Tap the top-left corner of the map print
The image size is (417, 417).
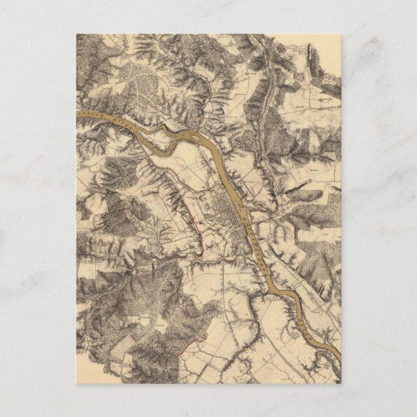click(x=76, y=34)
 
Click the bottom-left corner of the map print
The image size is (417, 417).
click(x=76, y=383)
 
